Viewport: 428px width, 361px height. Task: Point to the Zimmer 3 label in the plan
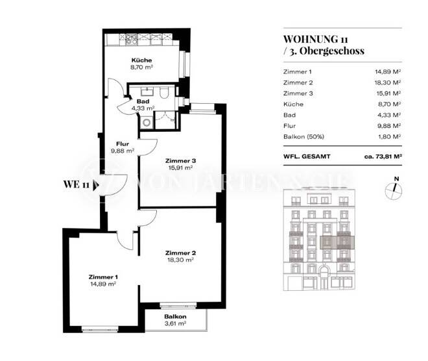click(x=180, y=161)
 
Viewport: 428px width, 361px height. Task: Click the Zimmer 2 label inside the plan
click(x=180, y=253)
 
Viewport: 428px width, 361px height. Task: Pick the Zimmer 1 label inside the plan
click(x=102, y=277)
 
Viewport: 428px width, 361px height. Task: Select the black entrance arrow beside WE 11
click(x=97, y=184)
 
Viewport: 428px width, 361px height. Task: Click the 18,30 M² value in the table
click(x=388, y=82)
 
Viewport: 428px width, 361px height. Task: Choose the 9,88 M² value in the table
click(x=388, y=125)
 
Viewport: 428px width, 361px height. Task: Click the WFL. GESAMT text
click(x=308, y=156)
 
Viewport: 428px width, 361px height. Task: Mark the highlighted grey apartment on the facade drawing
click(x=337, y=242)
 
